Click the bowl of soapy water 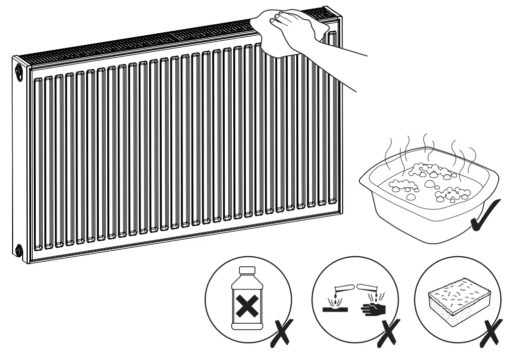(x=429, y=201)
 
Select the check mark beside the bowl (x=486, y=217)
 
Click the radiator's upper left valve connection (x=19, y=70)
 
